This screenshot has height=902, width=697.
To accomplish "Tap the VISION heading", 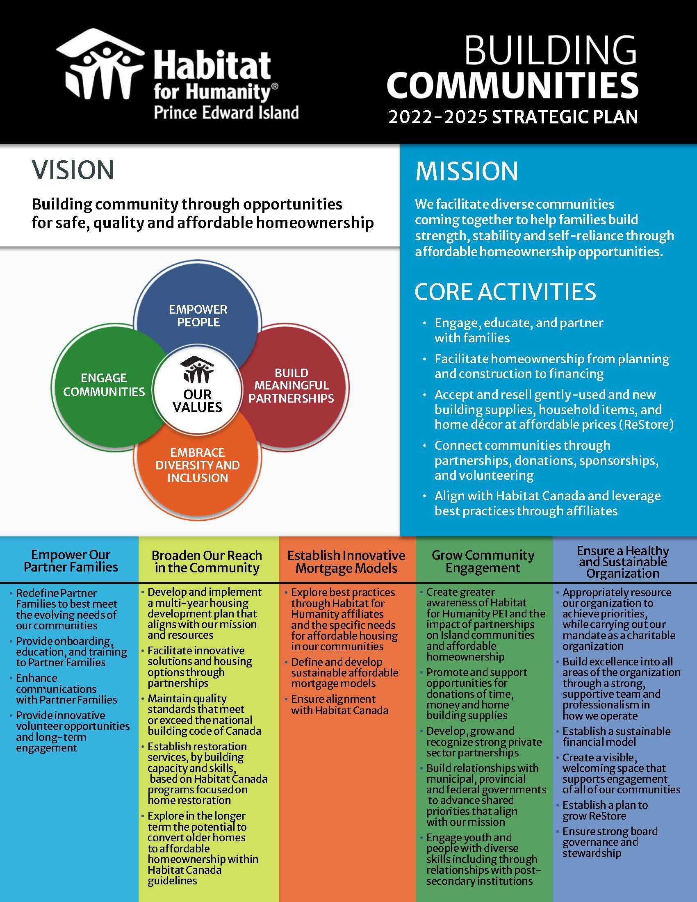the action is tap(73, 170).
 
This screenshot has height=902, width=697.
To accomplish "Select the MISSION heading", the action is tap(467, 171).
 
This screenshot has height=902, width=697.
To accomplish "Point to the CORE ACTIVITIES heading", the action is tap(506, 292).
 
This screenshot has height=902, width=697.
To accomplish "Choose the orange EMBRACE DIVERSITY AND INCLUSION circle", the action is tap(198, 465).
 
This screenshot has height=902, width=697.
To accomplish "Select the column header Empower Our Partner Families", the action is tap(71, 560).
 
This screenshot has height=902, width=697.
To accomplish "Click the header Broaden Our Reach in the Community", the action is tap(207, 561).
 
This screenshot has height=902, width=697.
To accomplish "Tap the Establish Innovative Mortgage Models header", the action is tap(346, 562).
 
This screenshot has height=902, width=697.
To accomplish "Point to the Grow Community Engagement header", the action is tap(483, 561).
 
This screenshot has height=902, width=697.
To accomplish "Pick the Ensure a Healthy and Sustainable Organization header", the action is tap(623, 562).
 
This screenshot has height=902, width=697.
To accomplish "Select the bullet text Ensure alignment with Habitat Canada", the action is tap(339, 704).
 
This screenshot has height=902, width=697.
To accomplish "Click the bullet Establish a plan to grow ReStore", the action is tap(605, 810).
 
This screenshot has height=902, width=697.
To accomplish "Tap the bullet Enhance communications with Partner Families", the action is tap(66, 689).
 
